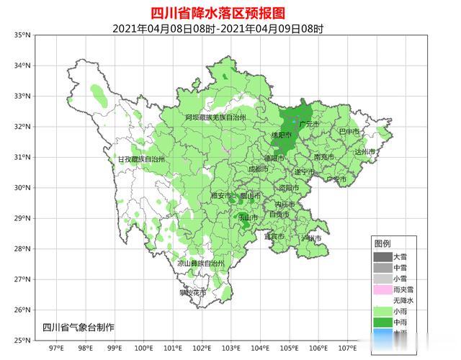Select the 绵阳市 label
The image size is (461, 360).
[x=281, y=135]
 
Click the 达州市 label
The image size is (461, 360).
[x=365, y=152]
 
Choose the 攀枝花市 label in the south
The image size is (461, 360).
[x=192, y=293]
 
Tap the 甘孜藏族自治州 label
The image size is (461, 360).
[x=141, y=159]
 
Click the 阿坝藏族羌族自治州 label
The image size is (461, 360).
[x=215, y=117]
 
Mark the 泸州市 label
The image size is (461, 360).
[x=311, y=237]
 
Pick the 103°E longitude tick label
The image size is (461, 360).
[x=231, y=350]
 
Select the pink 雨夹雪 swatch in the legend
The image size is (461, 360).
[x=382, y=289]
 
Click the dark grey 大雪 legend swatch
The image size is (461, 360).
[x=382, y=256]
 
